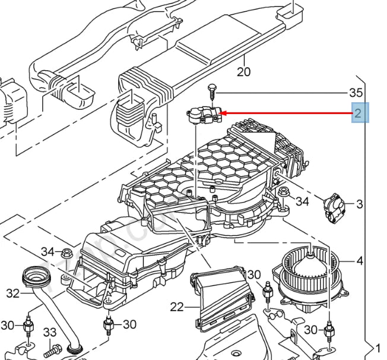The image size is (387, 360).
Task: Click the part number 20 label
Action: point(244,72)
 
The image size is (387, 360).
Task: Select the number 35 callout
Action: point(355,93)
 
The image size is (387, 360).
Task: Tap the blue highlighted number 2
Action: point(358,113)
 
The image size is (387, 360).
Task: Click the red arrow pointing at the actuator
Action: point(285,113)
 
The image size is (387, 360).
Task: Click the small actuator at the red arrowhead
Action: point(204,114)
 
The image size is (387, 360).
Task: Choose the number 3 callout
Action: point(360,204)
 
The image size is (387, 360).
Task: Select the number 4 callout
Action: point(360,261)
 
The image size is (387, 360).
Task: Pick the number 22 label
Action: point(177,307)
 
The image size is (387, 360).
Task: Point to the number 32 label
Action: point(13,293)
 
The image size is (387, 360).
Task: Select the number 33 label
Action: point(50,333)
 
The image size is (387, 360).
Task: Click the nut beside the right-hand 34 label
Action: point(284,192)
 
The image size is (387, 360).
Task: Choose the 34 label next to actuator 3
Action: point(303,201)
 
